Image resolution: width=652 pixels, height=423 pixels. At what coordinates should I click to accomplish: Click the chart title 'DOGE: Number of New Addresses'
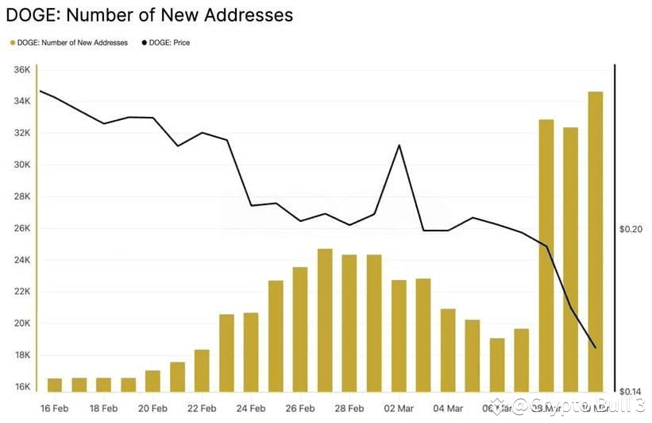click(149, 15)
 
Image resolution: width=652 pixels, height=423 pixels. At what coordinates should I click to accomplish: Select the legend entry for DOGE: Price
click(166, 42)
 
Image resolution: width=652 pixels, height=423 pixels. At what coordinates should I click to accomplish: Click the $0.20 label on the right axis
click(630, 229)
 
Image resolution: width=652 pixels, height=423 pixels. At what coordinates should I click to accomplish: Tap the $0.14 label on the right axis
click(630, 391)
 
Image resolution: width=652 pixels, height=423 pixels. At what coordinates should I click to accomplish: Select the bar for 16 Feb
click(55, 385)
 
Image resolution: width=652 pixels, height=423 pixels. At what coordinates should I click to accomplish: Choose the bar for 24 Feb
click(251, 352)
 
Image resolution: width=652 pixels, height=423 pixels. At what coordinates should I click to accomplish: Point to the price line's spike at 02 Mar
click(399, 146)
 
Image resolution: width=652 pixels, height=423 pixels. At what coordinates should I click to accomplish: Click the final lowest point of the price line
click(596, 347)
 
